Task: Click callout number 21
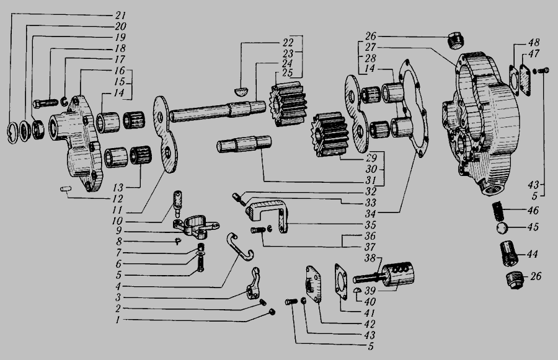coord(120,15)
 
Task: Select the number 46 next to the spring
coord(533,210)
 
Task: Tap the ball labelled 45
coord(502,227)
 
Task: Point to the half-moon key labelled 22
coord(242,92)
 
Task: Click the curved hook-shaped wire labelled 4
coord(239,246)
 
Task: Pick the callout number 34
coord(371,214)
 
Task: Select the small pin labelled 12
coord(66,189)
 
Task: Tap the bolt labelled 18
coord(45,103)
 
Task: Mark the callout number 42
coord(370,324)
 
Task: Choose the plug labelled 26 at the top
coord(455,40)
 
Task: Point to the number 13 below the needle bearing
coord(118,188)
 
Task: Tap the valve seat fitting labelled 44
coord(510,253)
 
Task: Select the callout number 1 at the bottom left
coord(118,320)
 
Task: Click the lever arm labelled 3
coord(254,284)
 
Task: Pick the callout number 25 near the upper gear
coord(287,72)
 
